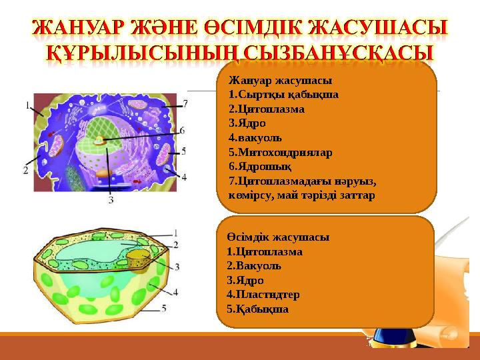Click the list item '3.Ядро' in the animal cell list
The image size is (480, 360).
point(247,123)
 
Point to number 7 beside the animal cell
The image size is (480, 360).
point(185,103)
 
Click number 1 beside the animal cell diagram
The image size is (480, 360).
point(27,105)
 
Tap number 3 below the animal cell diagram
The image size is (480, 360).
point(110,199)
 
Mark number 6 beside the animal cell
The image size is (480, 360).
point(182,130)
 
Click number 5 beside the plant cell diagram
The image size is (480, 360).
point(164,308)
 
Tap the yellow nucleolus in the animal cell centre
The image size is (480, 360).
point(100,141)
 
